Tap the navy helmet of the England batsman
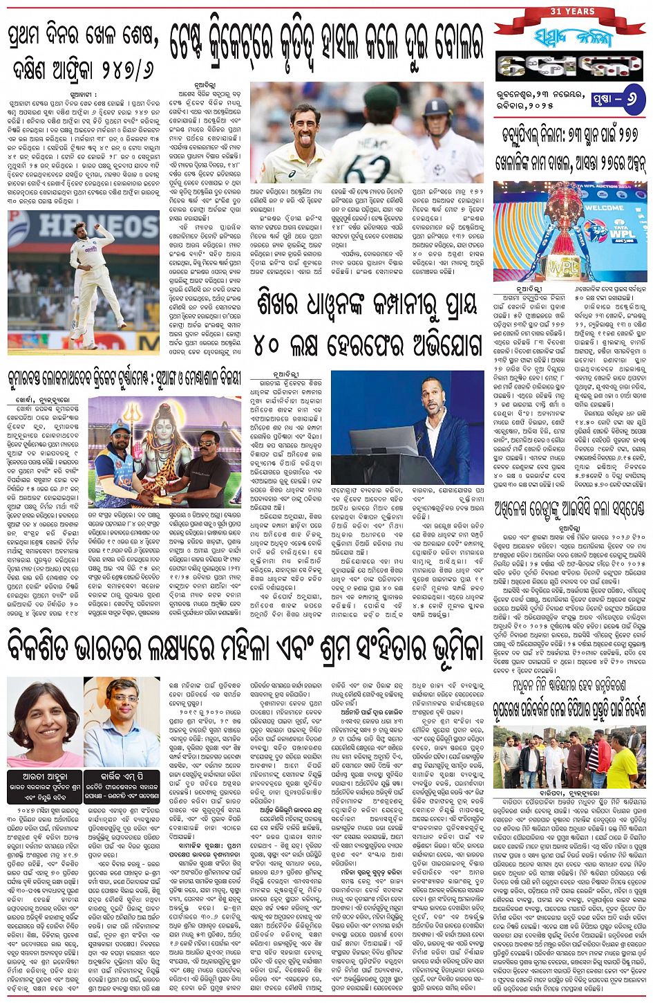click(x=440, y=109)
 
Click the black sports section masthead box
click(x=569, y=66)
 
